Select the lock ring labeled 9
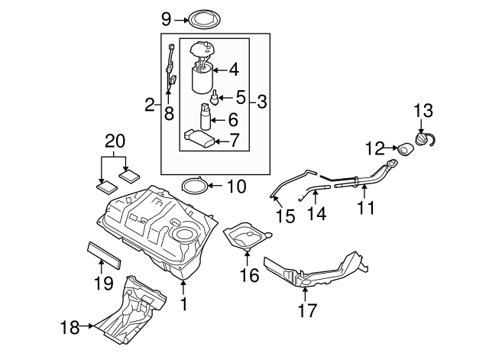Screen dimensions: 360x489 point(202,17)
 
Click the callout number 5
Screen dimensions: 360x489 point(240,98)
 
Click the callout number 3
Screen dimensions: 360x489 point(261,100)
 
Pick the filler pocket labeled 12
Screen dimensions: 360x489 point(402,148)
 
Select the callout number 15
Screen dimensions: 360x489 point(284,217)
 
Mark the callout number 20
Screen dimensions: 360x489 point(114,141)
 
